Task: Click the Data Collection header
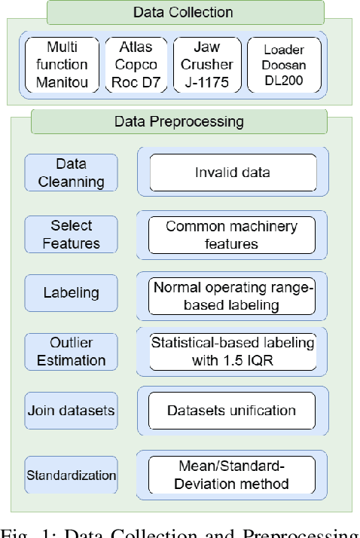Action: click(182, 13)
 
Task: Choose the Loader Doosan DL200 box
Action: click(283, 64)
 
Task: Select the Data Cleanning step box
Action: click(72, 173)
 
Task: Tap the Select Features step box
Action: click(72, 234)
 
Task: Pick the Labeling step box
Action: click(72, 292)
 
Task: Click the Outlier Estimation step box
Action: click(72, 350)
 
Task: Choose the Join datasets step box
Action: click(72, 411)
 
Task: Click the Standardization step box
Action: click(72, 475)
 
